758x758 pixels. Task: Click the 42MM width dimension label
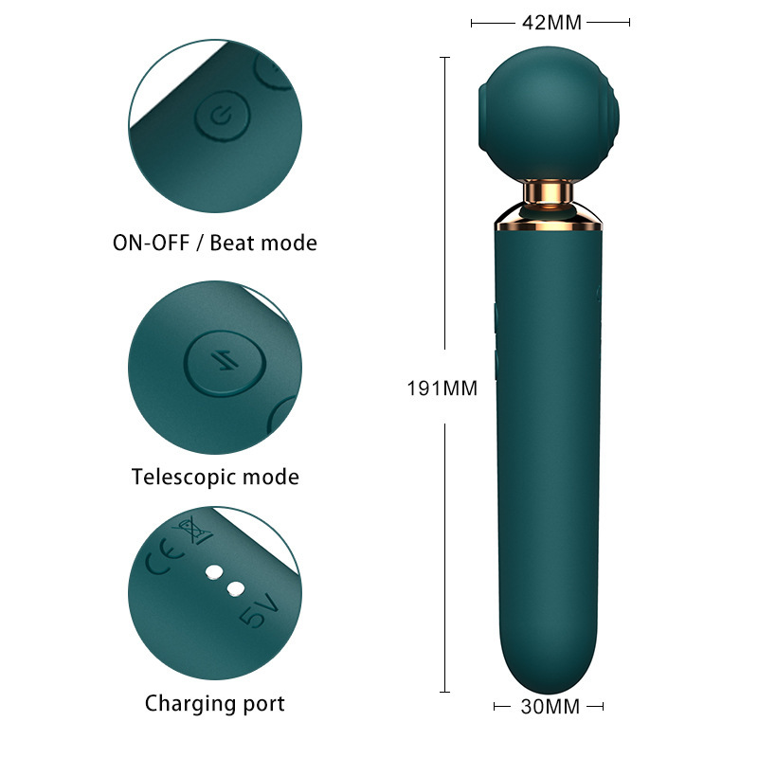550,22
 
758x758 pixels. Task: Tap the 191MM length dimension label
442,388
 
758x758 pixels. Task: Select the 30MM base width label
549,706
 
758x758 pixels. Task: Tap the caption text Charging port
214,703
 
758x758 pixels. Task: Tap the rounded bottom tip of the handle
548,677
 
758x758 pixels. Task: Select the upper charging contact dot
214,573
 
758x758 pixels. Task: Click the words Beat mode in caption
263,243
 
